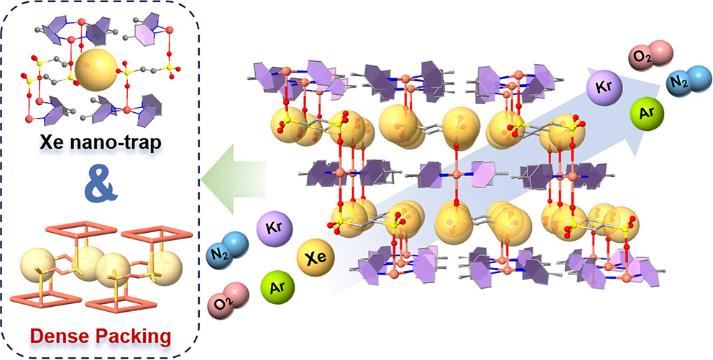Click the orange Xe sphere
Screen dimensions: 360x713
[x=315, y=257]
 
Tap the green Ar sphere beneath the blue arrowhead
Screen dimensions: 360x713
[x=646, y=114]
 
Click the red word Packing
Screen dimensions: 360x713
[x=137, y=335]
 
